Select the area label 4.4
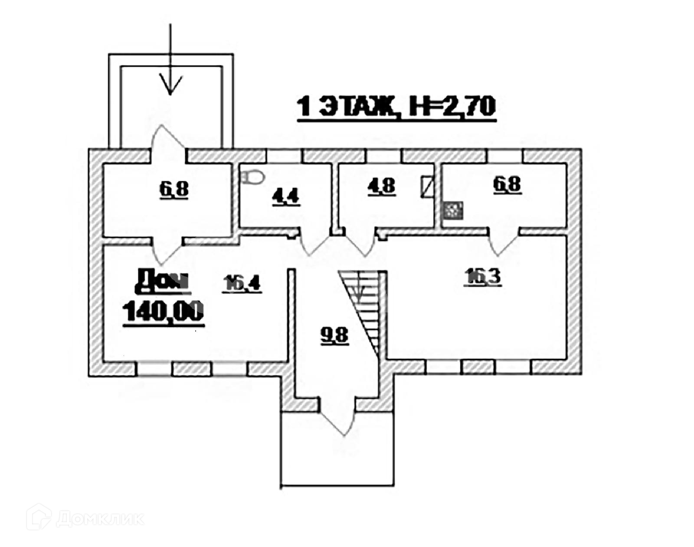(x=285, y=197)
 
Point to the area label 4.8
(x=382, y=186)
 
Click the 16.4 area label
(x=242, y=284)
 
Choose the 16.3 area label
(x=483, y=276)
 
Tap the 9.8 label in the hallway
(x=334, y=335)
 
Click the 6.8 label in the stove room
(x=507, y=184)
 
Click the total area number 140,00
(x=164, y=311)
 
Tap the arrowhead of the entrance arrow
(x=170, y=85)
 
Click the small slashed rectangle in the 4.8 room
(x=427, y=187)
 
